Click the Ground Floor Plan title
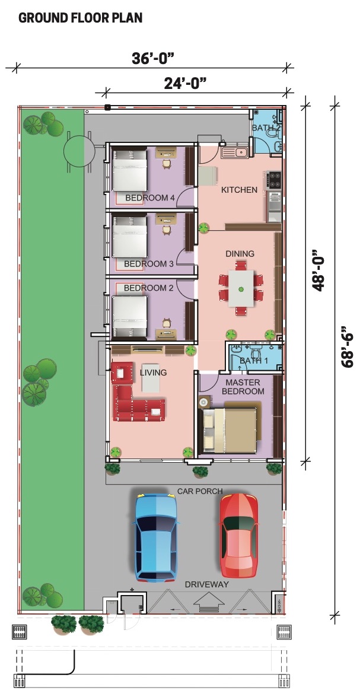80,18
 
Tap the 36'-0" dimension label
152,58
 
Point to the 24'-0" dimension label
185,83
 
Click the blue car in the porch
157,537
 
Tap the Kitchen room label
240,190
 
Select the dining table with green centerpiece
241,288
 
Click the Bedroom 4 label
149,198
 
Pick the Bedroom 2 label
148,288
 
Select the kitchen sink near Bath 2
235,152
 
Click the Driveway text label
207,584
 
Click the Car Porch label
200,491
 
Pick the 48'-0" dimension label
318,271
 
